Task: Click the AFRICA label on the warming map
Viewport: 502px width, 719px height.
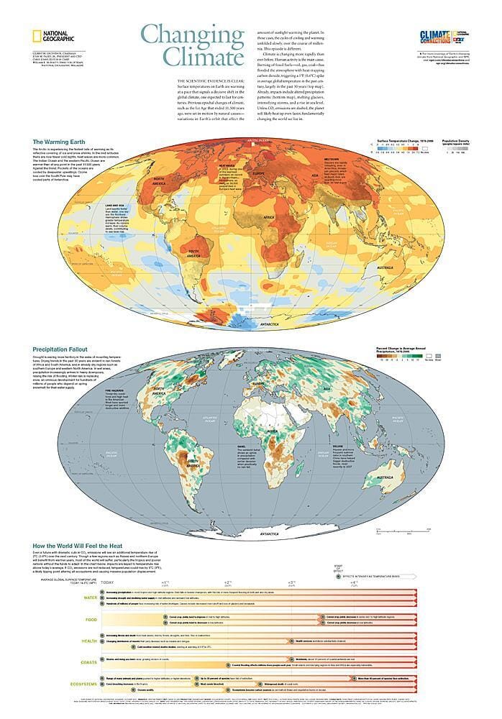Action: [268, 217]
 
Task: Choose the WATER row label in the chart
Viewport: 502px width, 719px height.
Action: [91, 597]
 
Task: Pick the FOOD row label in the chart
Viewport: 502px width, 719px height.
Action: [92, 618]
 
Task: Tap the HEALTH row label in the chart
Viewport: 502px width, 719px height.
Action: [90, 641]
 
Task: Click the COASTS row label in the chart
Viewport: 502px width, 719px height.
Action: [90, 663]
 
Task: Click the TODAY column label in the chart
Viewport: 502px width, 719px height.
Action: [108, 582]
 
